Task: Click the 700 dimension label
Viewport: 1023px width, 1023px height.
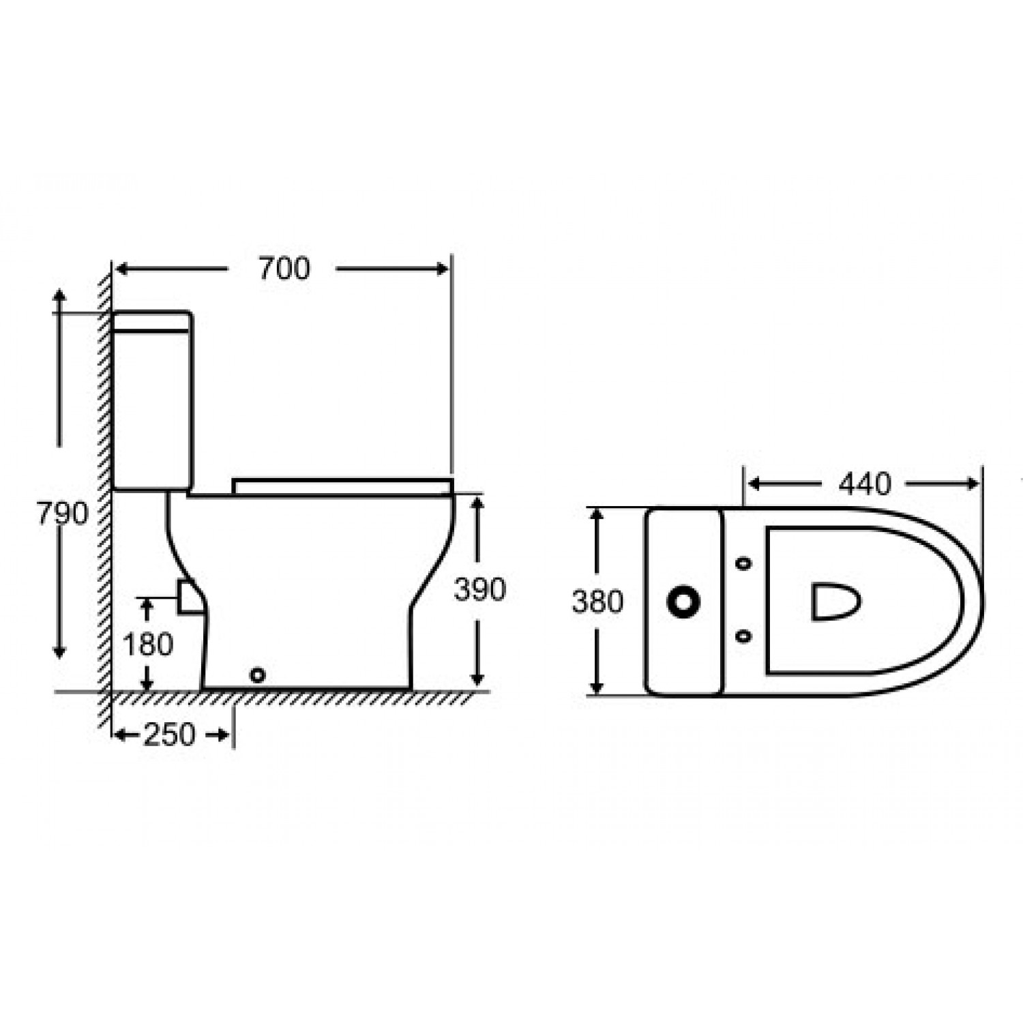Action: coord(284,269)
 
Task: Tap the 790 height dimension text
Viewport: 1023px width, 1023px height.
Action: coord(63,514)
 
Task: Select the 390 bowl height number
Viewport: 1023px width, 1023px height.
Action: coord(480,590)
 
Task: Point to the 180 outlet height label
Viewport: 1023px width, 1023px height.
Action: coord(148,644)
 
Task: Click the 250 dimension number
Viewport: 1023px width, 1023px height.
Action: coord(169,735)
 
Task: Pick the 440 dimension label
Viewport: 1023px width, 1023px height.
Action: coord(865,484)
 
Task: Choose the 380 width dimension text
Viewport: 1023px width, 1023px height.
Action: coord(597,602)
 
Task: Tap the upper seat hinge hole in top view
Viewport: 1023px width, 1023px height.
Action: coord(744,564)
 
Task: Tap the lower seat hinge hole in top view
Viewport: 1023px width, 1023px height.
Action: coord(744,636)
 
